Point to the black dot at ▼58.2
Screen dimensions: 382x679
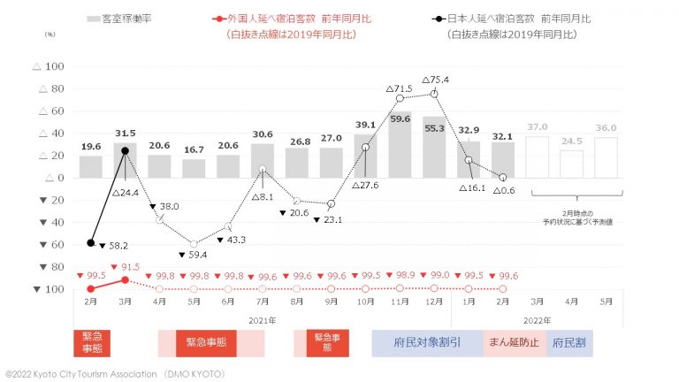[x=91, y=242]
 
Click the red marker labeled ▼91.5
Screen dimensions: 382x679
[x=125, y=279]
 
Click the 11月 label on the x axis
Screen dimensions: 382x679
[x=400, y=302]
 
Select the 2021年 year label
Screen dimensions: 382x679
[x=262, y=319]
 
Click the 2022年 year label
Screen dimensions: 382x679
[x=537, y=319]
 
